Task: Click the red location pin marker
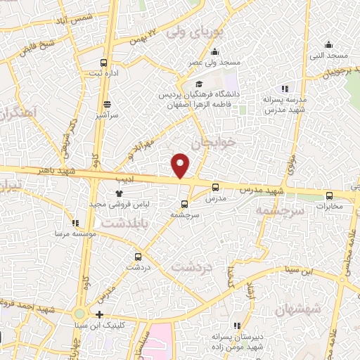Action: [181, 165]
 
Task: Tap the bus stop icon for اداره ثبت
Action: [105, 63]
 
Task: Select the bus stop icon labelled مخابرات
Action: [330, 196]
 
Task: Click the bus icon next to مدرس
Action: [215, 187]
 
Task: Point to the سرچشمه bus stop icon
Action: [184, 204]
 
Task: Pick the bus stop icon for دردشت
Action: [138, 257]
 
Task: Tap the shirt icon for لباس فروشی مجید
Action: [119, 193]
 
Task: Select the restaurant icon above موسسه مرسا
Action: [75, 223]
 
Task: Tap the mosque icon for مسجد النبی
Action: [329, 44]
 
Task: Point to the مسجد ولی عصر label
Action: [214, 63]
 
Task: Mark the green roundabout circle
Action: [79, 314]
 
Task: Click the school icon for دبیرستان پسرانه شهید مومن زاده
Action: [237, 325]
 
